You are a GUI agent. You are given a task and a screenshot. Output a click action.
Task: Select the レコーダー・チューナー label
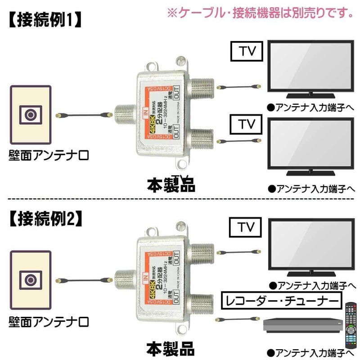[280, 300]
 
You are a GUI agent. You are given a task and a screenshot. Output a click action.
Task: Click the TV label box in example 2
[245, 228]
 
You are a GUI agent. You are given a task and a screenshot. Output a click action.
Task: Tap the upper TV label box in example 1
[245, 51]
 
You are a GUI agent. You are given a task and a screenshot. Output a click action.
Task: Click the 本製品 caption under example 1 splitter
[171, 184]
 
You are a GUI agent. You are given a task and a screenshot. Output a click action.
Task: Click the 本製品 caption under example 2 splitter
[171, 349]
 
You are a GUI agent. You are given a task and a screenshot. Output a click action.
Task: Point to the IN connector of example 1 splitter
[122, 115]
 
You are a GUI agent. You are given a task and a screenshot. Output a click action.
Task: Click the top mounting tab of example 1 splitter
[181, 62]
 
